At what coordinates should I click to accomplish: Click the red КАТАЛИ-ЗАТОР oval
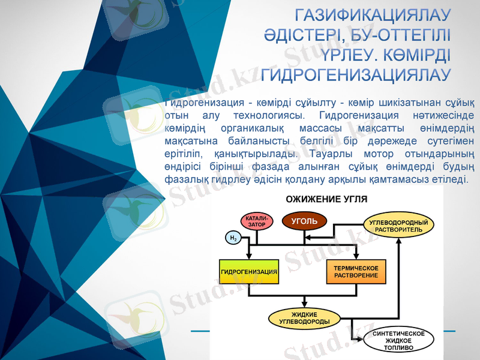[x=257, y=221]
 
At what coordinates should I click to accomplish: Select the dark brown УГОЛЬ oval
[x=304, y=221]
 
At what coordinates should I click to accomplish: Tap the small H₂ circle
[x=232, y=238]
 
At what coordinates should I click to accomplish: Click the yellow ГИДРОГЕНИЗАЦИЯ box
[x=249, y=271]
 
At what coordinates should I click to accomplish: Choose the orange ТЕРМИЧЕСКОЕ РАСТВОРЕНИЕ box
[x=356, y=271]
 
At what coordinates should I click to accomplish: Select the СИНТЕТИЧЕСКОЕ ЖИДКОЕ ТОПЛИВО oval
[x=398, y=340]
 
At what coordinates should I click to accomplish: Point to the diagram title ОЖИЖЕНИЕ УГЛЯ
[x=326, y=199]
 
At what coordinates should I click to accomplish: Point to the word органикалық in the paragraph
[x=256, y=128]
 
